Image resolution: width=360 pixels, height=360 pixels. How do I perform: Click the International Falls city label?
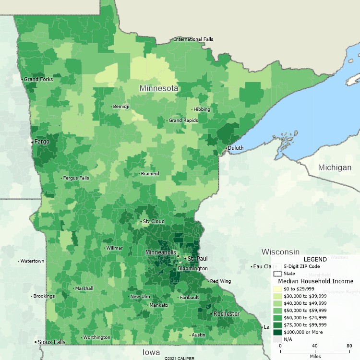pos(193,39)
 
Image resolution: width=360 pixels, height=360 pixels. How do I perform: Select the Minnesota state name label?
pos(159,88)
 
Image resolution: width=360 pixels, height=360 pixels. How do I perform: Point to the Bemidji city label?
pos(121,106)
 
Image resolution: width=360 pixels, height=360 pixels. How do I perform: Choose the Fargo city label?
pos(42,142)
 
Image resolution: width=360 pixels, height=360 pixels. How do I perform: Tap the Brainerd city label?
pos(150,173)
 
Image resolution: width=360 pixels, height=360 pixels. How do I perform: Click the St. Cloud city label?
pos(154,221)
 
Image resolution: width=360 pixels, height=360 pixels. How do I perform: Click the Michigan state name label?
pos(335,168)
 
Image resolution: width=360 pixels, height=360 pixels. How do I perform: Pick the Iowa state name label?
pos(151,352)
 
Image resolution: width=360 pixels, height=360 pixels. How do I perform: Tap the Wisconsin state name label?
pos(280,252)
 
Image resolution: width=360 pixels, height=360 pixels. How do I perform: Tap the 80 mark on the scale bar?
pos(349,346)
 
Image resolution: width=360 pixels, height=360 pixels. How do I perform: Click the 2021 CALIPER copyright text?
pos(180,358)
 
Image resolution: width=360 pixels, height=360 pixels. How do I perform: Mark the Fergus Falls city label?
pos(77,178)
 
